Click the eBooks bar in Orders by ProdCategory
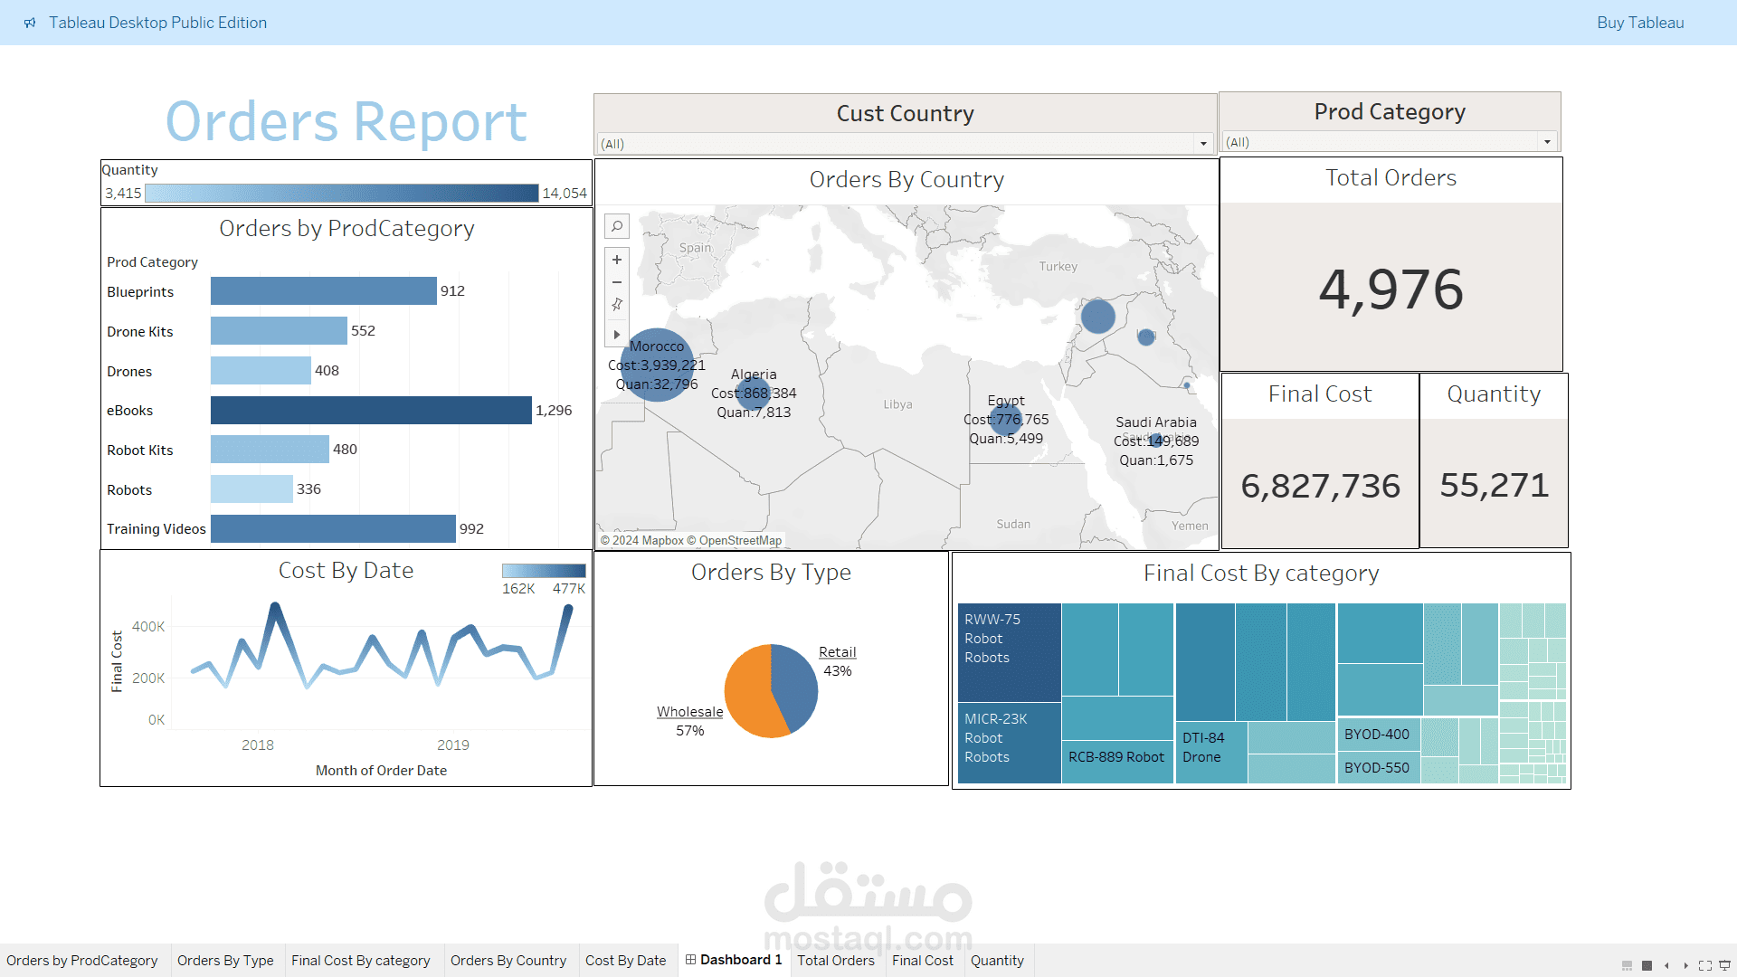point(371,410)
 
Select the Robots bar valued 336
point(252,489)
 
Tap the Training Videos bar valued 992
point(333,529)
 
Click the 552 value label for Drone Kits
point(363,331)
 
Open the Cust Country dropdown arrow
point(1203,144)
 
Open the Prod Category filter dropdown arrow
point(1547,142)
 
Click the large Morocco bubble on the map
point(657,365)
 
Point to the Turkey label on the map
point(1058,267)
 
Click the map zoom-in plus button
point(617,260)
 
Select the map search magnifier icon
point(617,226)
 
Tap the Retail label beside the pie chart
point(837,652)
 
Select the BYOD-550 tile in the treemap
point(1377,768)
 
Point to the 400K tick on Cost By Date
point(148,627)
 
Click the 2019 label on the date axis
point(452,745)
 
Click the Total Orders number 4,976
point(1391,289)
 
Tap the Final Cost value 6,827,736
point(1320,486)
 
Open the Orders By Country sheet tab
point(508,961)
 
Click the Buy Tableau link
point(1639,23)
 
